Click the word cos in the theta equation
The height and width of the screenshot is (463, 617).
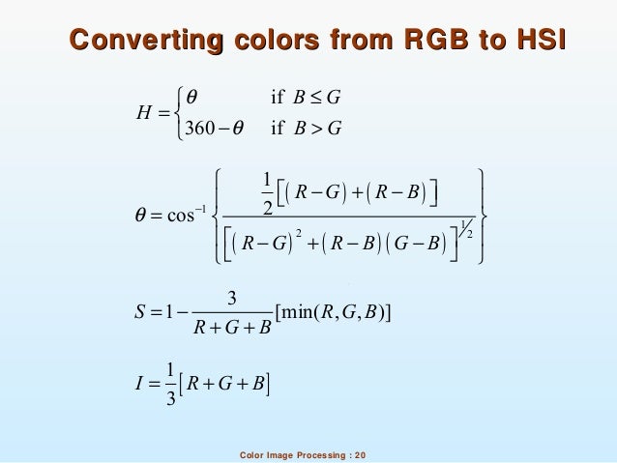pyautogui.click(x=183, y=215)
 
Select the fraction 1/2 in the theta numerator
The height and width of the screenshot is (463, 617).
pyautogui.click(x=267, y=188)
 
